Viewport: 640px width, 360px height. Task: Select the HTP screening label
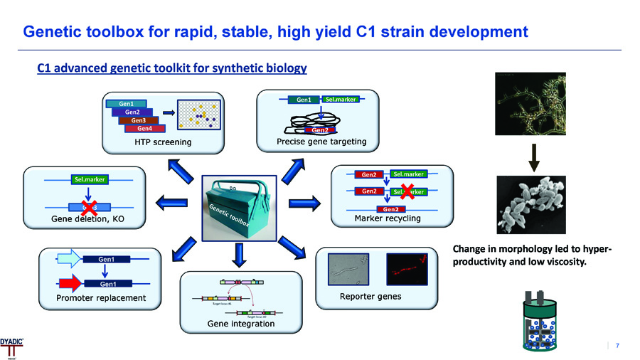pyautogui.click(x=162, y=142)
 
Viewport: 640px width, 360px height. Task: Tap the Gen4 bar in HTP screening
pyautogui.click(x=145, y=129)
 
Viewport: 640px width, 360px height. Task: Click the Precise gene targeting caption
pyautogui.click(x=321, y=142)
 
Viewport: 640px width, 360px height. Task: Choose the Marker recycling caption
pyautogui.click(x=388, y=218)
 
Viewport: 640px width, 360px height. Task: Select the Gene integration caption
pyautogui.click(x=240, y=324)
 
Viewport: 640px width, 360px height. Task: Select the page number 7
pyautogui.click(x=617, y=346)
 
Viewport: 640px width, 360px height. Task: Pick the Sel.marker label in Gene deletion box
pyautogui.click(x=87, y=180)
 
